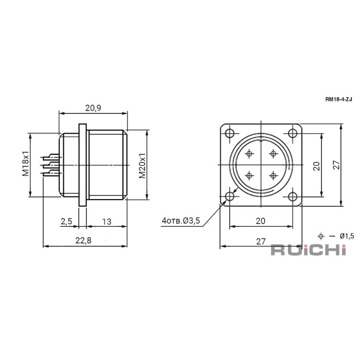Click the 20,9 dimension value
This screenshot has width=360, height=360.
93,107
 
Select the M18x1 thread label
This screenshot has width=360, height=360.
26,164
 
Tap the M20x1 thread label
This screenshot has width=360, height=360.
142,166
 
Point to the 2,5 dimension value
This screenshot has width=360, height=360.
66,221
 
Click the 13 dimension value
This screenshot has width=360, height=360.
106,222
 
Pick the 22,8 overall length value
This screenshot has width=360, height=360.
83,240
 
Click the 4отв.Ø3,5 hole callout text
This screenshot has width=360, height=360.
181,221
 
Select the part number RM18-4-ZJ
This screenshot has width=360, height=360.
338,99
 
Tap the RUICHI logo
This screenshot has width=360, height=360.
309,250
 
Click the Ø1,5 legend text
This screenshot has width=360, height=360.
347,236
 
